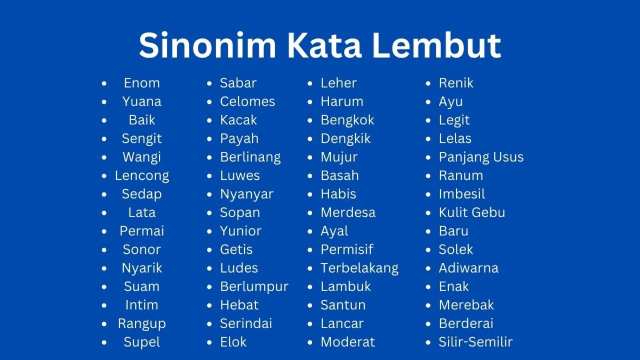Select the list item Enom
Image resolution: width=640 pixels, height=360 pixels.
tap(141, 83)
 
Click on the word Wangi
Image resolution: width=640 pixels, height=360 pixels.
tap(141, 157)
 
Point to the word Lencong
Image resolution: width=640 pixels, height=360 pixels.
tap(141, 175)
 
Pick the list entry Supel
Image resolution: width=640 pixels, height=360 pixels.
tap(141, 342)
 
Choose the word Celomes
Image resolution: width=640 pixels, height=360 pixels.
tap(247, 101)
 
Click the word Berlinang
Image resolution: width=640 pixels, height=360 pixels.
tap(250, 157)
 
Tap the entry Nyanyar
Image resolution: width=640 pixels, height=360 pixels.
tap(246, 194)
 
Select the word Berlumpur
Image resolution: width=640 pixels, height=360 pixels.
tap(254, 286)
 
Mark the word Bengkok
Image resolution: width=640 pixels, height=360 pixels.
tap(347, 120)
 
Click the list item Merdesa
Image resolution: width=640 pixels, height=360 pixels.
tap(348, 212)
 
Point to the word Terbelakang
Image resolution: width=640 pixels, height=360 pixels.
tap(359, 268)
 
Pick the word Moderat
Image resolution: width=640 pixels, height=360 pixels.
tap(348, 342)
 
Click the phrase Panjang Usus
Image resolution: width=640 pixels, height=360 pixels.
tap(481, 157)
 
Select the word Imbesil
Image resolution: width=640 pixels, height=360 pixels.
tap(462, 194)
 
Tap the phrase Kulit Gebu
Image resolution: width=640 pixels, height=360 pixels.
tap(471, 212)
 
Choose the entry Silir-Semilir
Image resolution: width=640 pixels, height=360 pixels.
tap(475, 342)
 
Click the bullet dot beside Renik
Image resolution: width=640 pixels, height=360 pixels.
tap(428, 84)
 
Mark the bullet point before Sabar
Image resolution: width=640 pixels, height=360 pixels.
tap(210, 84)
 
